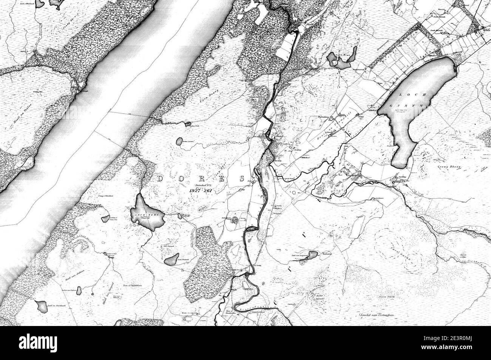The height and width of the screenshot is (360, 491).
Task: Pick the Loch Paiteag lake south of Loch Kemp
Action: [172, 259]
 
